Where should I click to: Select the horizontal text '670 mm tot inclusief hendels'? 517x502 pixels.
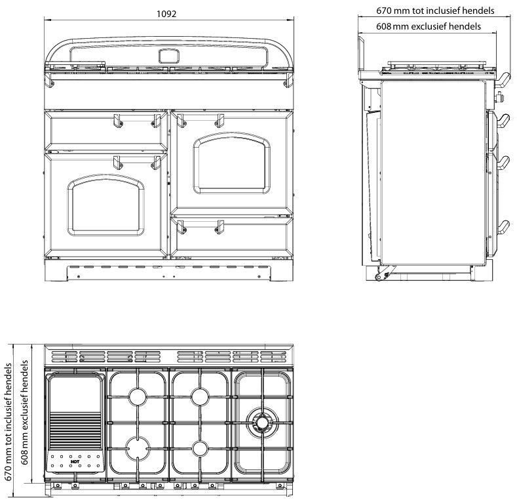coord(435,10)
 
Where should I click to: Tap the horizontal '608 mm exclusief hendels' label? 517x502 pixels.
coord(429,26)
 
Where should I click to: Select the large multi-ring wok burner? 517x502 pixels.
coord(263,421)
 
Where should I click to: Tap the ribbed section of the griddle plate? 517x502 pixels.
coord(74,430)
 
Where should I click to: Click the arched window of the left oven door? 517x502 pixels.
coord(106,204)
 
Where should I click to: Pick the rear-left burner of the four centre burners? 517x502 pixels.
coord(139,396)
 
